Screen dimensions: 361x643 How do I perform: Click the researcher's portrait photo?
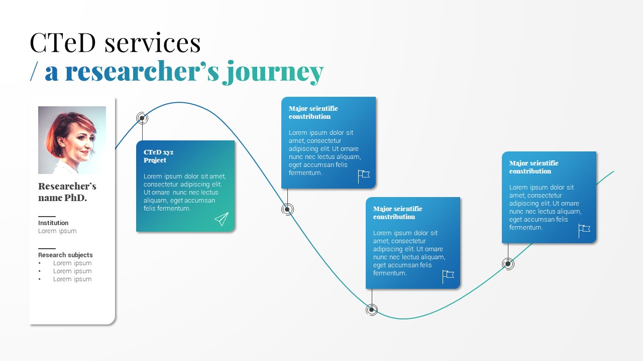tap(72, 140)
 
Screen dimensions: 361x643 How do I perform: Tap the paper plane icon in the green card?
tap(222, 219)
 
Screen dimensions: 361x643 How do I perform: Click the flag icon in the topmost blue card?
tap(364, 176)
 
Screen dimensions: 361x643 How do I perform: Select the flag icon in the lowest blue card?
tap(448, 276)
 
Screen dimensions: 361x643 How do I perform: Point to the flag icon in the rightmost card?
tap(584, 231)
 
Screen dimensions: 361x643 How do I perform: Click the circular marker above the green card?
tap(142, 118)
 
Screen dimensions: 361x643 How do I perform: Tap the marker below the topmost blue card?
tap(287, 210)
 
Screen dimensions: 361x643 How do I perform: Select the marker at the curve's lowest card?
tap(372, 310)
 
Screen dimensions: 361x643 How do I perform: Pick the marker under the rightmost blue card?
tap(508, 264)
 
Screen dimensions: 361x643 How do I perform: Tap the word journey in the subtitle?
tap(273, 72)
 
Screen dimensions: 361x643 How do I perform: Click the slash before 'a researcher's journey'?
tap(34, 72)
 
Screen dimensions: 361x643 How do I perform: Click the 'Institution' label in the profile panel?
tap(53, 223)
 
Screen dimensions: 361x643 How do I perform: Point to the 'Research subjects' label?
tap(65, 255)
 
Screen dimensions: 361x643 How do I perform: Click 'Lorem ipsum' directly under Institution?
tap(57, 231)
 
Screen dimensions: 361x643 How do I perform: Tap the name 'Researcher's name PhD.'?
tap(67, 192)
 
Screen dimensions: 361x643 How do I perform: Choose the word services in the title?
tap(153, 43)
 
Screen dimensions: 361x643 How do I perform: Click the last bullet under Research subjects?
tap(72, 279)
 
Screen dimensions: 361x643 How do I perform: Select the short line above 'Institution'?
tap(47, 217)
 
